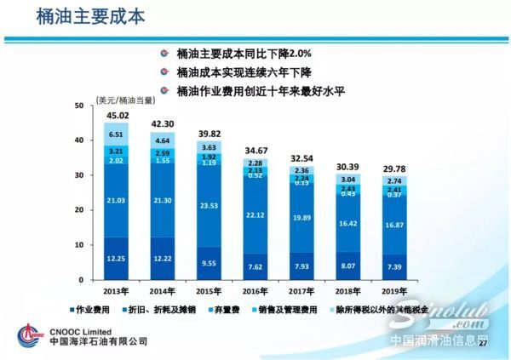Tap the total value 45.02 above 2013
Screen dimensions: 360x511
point(117,116)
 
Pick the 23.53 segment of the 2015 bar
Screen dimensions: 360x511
point(209,204)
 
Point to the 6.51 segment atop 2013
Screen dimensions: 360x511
point(117,134)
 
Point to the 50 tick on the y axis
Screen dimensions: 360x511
point(79,106)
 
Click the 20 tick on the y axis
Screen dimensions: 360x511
point(79,210)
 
